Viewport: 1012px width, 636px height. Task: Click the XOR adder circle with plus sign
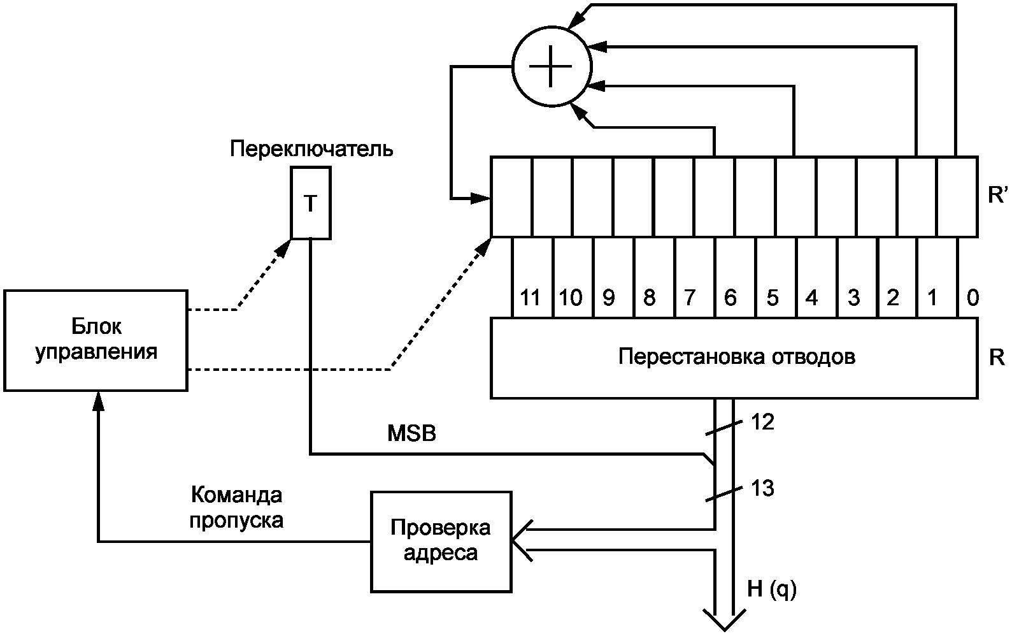[x=552, y=66]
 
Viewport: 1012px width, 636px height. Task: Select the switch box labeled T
[x=311, y=203]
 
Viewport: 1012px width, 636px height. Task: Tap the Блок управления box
[x=96, y=340]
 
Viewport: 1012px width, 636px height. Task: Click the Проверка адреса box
[x=441, y=541]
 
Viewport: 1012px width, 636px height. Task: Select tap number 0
[x=972, y=298]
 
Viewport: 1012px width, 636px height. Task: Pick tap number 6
[x=730, y=298]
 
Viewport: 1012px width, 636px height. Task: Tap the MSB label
[x=412, y=434]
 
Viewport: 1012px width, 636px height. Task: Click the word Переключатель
[x=311, y=150]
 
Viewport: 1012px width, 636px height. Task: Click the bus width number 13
[x=762, y=488]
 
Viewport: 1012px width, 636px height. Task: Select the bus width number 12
[x=762, y=421]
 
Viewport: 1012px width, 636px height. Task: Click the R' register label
[x=997, y=195]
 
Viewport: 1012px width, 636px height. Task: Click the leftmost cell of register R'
[x=511, y=196]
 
